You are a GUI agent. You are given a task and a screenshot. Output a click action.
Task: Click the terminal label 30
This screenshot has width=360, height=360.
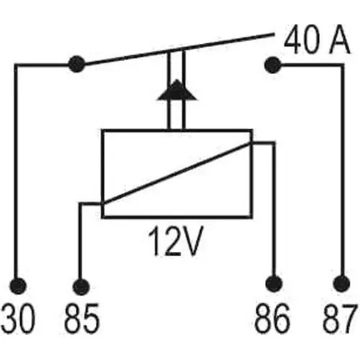click(18, 318)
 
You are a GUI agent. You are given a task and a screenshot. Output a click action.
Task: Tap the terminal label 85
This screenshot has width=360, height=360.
click(81, 318)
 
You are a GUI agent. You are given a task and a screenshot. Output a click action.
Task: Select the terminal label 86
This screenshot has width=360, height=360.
click(272, 318)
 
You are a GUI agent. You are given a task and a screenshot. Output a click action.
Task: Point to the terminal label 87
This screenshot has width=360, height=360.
click(339, 318)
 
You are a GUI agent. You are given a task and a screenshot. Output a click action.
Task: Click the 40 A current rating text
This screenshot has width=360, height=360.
click(317, 40)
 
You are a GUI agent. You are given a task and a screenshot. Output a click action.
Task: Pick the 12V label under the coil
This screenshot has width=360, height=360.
click(176, 240)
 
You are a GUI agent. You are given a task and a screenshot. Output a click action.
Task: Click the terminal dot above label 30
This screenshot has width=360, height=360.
click(18, 286)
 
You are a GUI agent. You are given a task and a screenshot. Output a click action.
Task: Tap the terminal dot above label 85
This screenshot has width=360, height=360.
click(81, 287)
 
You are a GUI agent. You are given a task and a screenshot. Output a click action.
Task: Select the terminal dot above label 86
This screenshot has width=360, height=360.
click(274, 284)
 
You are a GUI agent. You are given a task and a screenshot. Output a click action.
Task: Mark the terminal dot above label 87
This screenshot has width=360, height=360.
click(341, 284)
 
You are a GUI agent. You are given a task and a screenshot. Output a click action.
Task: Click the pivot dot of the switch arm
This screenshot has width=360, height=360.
click(77, 64)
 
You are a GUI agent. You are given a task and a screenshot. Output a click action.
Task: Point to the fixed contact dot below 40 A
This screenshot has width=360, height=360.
click(273, 65)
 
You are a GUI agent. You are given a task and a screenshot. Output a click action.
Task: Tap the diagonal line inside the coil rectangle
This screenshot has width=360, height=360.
click(176, 174)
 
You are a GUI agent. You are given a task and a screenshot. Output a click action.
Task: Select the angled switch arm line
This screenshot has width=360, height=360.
click(179, 49)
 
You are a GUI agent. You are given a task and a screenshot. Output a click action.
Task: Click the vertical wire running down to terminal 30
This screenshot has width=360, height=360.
click(16, 171)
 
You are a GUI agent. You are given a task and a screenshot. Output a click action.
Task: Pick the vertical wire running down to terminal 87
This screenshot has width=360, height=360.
click(342, 171)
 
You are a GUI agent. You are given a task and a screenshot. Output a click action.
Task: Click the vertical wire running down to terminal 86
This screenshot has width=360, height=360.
click(274, 210)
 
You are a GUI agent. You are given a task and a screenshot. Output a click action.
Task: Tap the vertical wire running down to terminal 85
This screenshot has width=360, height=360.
click(81, 241)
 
